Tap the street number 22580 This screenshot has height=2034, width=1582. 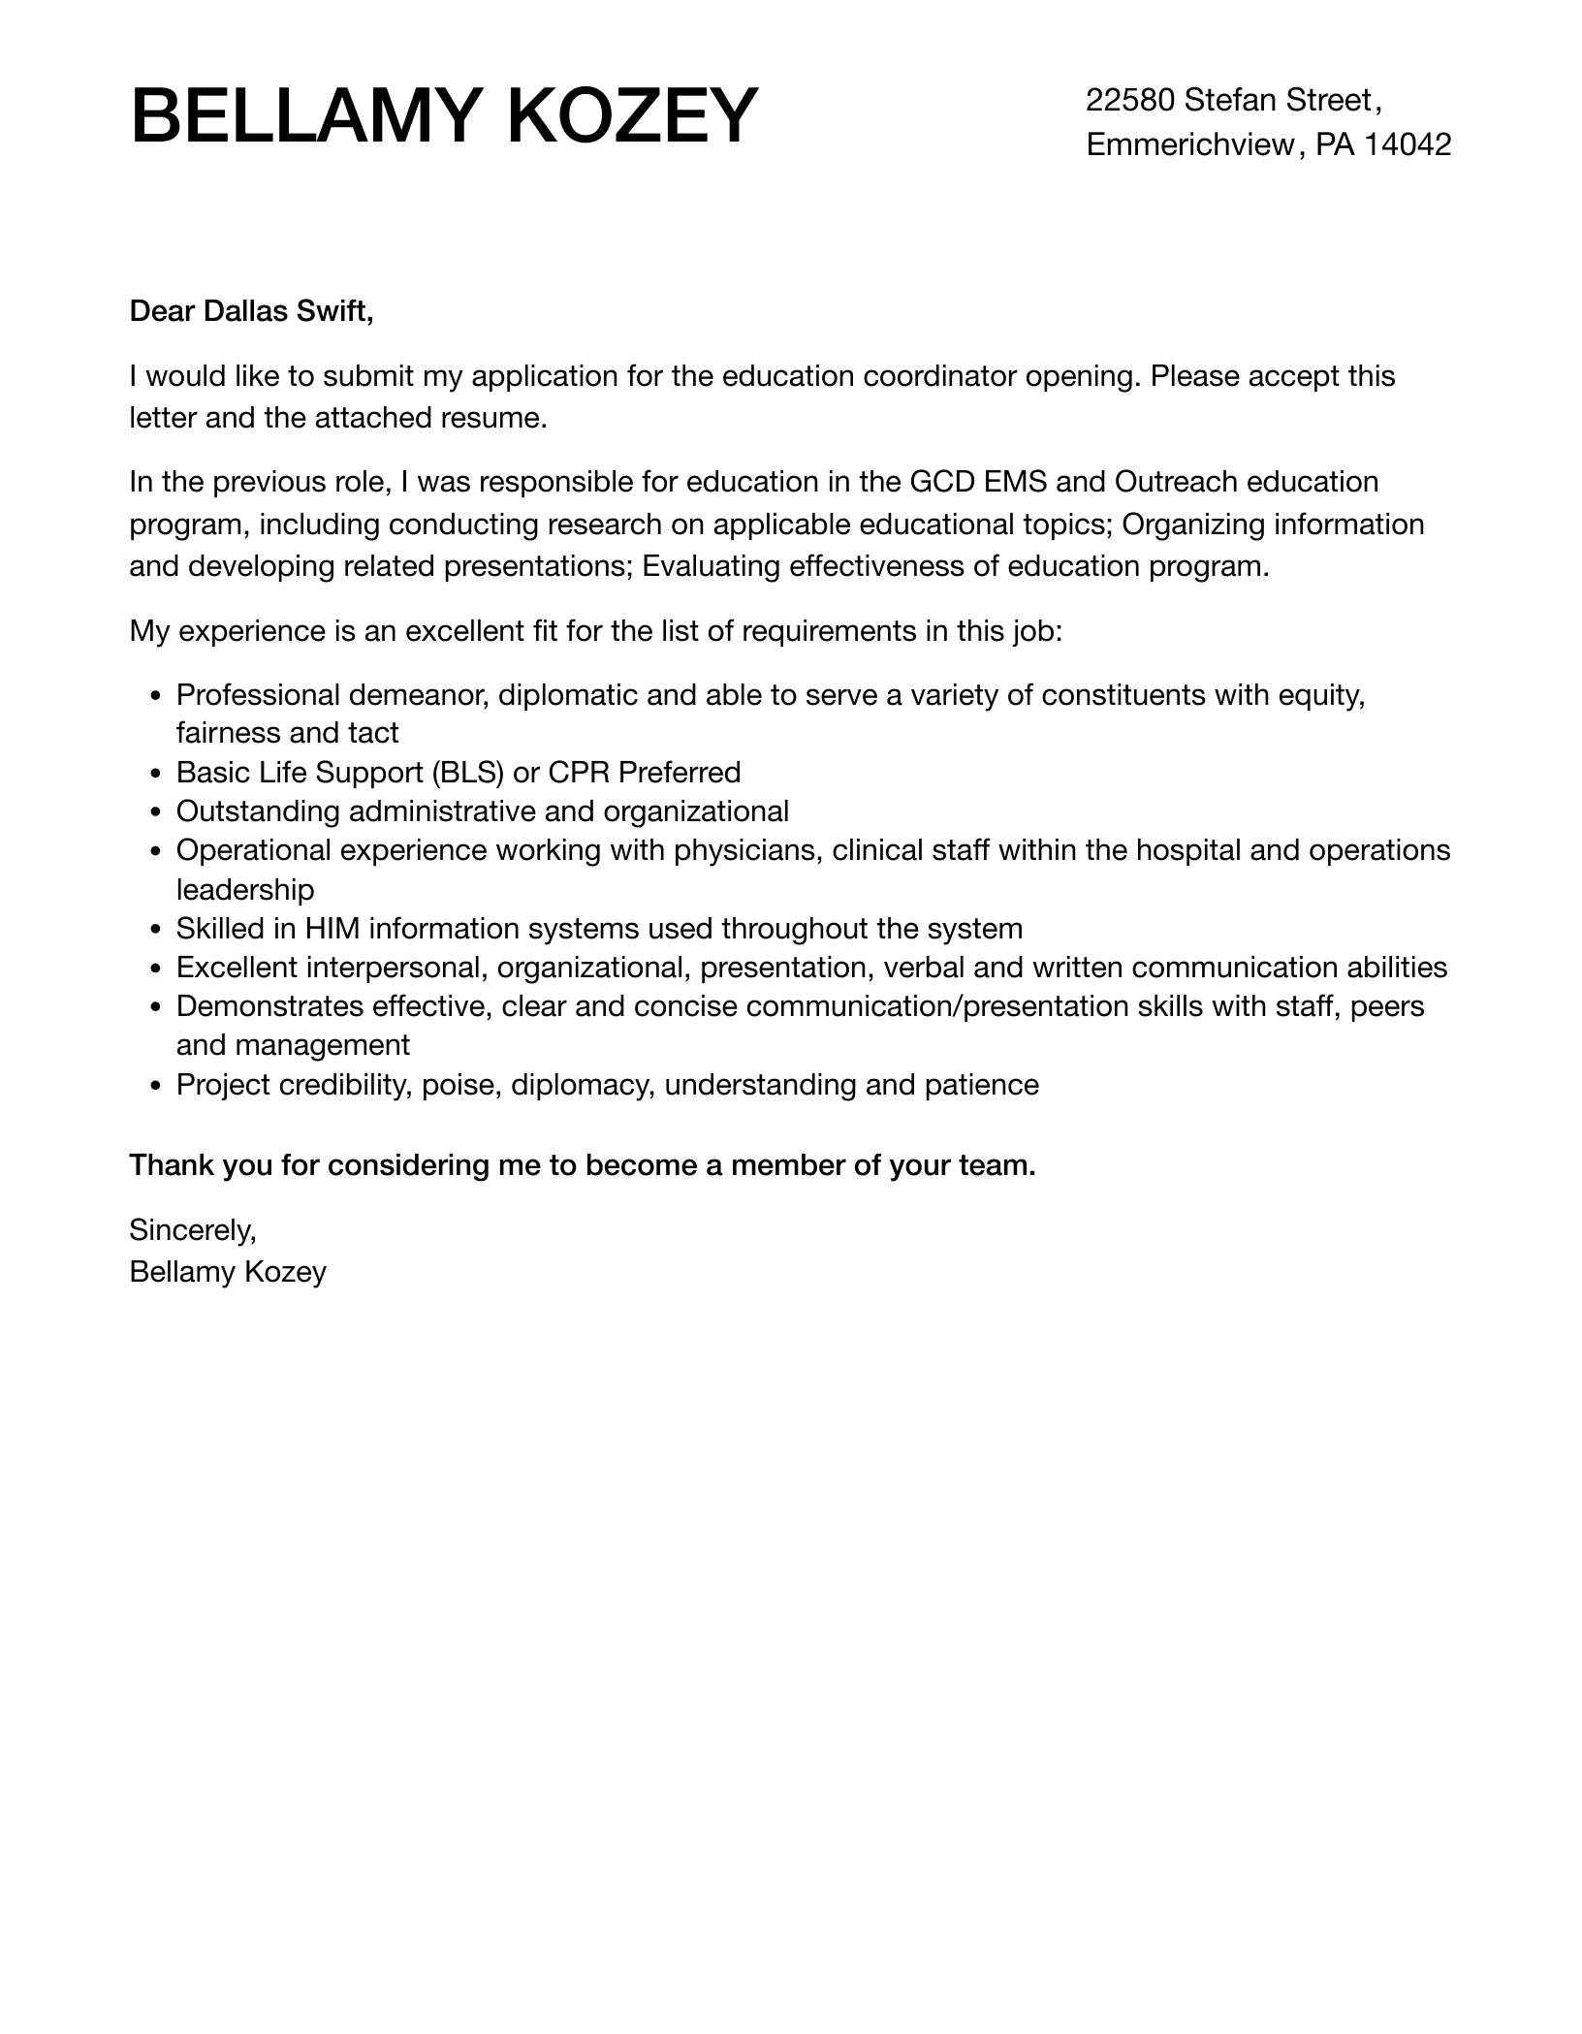tap(1130, 100)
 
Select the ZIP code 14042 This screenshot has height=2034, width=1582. tap(1408, 144)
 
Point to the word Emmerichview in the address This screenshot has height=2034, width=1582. tap(1190, 144)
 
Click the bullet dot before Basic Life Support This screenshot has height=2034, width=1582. tap(157, 774)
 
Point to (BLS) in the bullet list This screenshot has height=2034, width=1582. tap(469, 773)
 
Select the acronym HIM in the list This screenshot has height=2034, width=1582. tap(332, 929)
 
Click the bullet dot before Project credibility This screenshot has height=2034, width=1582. tap(157, 1086)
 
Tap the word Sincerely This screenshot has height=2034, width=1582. tap(192, 1230)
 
